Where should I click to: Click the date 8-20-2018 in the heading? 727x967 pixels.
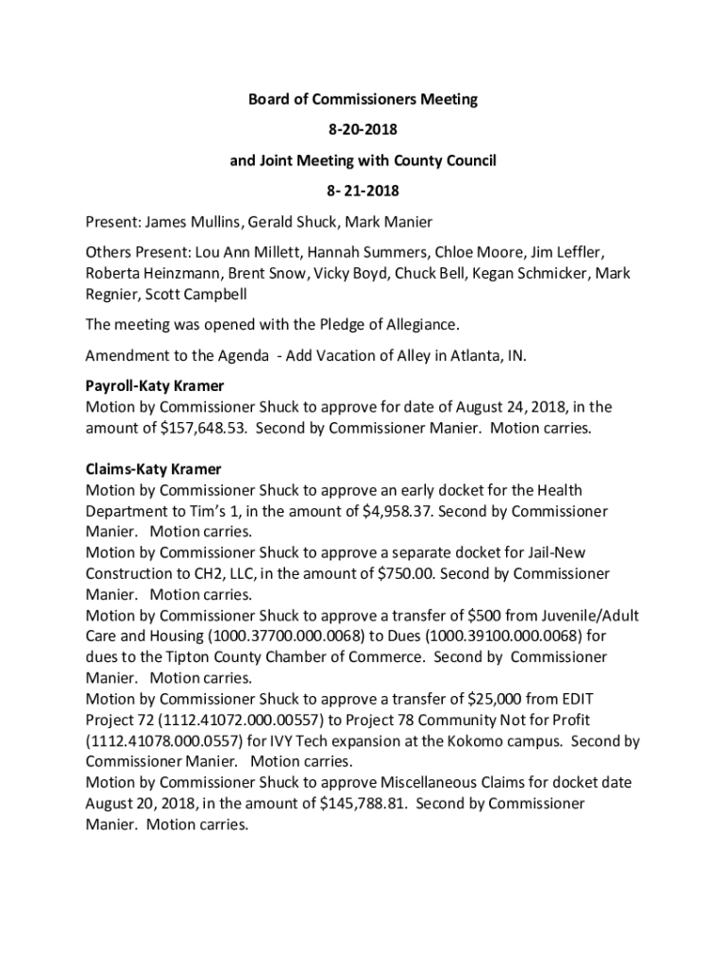click(363, 129)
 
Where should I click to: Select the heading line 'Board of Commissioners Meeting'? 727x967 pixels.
click(363, 98)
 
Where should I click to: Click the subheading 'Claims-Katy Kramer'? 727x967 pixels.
click(153, 469)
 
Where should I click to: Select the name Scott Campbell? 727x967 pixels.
click(198, 295)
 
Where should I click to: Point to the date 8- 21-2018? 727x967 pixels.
click(363, 192)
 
